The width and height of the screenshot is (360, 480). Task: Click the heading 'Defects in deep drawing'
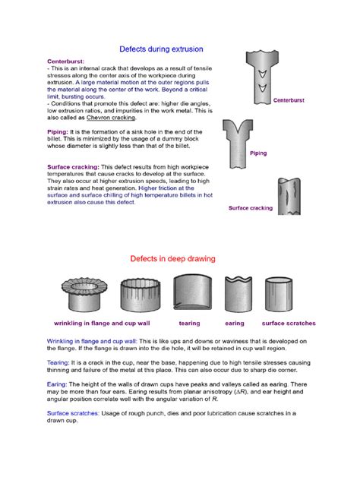pyautogui.click(x=173, y=258)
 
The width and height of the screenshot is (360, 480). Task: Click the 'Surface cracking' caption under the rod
pyautogui.click(x=250, y=207)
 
